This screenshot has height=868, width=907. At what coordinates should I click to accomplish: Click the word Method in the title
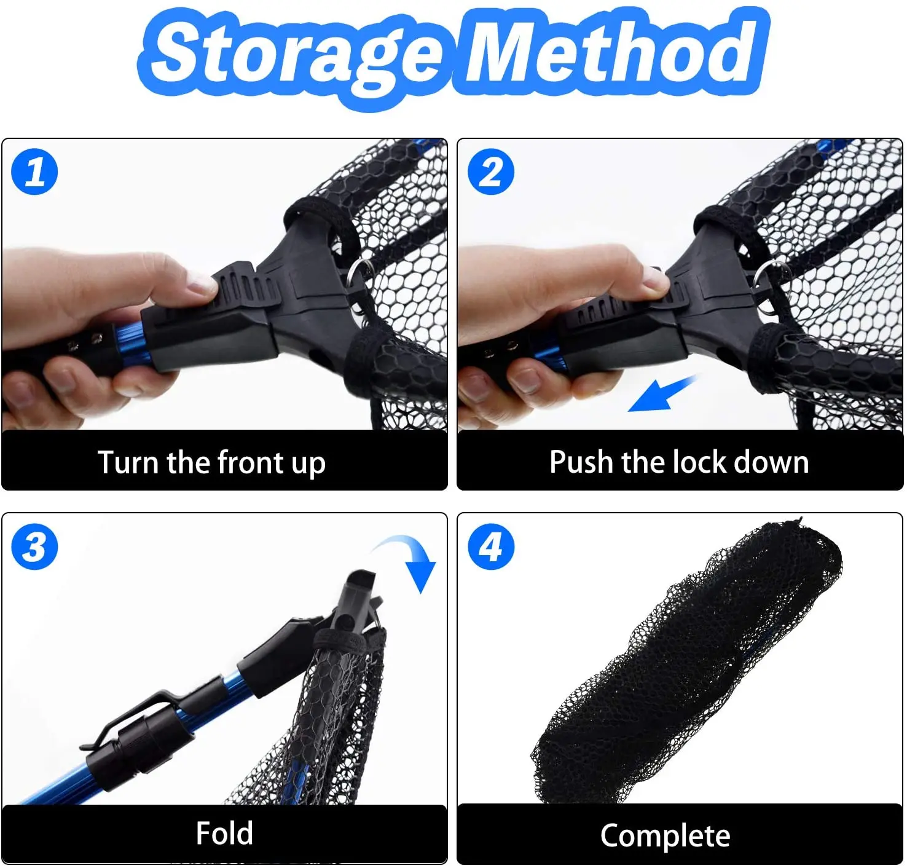[614, 52]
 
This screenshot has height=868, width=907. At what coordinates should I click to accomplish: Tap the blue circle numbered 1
[35, 172]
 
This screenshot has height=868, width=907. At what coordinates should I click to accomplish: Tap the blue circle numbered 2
[491, 172]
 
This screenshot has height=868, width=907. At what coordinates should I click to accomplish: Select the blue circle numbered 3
[35, 546]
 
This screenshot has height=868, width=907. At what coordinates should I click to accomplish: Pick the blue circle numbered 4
[491, 546]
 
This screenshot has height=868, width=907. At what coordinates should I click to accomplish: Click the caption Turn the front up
[211, 462]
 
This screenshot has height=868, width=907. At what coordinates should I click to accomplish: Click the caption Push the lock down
[678, 462]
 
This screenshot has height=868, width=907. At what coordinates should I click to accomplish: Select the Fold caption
[224, 834]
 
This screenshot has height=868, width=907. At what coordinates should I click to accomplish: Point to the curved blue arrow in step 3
[409, 559]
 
